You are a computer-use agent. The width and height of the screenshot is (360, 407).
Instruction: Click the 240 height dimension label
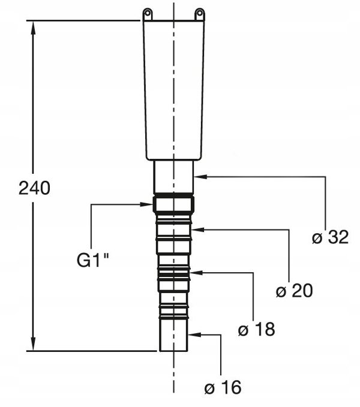tap(34, 188)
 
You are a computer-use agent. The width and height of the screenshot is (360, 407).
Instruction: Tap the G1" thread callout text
tap(93, 260)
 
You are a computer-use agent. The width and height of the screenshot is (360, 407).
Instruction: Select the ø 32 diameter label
tap(330, 237)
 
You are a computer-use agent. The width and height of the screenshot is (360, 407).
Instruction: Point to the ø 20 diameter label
tap(294, 291)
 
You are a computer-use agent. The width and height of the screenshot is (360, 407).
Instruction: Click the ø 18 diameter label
tap(256, 330)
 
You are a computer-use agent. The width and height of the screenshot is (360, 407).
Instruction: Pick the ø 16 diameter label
tap(223, 387)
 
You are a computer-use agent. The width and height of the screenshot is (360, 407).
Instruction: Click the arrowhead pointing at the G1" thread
tap(146, 204)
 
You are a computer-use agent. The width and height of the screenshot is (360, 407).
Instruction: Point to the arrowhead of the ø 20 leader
tap(198, 230)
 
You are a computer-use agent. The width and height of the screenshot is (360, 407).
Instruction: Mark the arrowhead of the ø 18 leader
tap(196, 273)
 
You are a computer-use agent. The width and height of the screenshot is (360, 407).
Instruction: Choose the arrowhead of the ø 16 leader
tap(194, 334)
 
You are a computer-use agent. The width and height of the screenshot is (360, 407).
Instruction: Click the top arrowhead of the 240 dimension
tap(33, 28)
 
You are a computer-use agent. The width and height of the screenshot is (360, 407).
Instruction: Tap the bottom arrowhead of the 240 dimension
tap(33, 343)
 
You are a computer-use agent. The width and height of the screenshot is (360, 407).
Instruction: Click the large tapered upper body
tap(173, 90)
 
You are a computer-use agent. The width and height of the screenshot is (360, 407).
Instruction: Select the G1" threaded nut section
tap(173, 204)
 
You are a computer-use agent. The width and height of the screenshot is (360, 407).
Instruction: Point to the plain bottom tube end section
tap(173, 335)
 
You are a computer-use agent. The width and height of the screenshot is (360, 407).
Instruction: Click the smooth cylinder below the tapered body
tap(173, 177)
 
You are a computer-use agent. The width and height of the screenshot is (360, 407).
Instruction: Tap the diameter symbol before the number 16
tap(209, 388)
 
